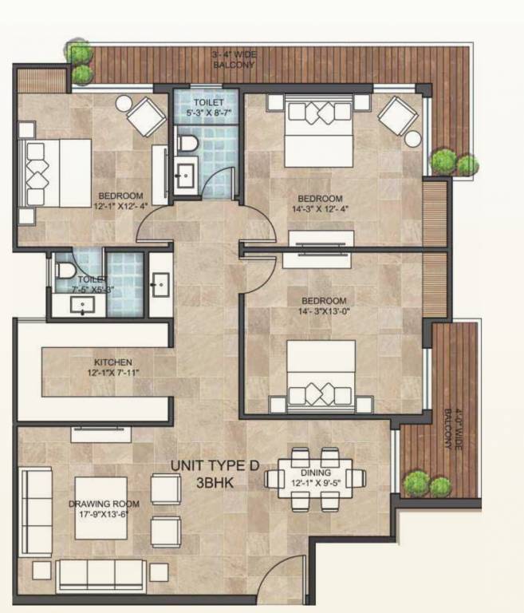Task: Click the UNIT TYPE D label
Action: click(x=215, y=465)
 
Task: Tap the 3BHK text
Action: click(x=216, y=482)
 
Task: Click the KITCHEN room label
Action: click(x=112, y=362)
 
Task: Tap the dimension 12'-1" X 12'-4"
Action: click(x=120, y=207)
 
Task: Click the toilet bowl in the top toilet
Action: click(x=187, y=144)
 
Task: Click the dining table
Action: click(x=314, y=478)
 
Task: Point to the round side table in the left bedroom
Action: click(x=124, y=103)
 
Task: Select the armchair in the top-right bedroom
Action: click(x=396, y=115)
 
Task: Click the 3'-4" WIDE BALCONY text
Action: click(x=234, y=58)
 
